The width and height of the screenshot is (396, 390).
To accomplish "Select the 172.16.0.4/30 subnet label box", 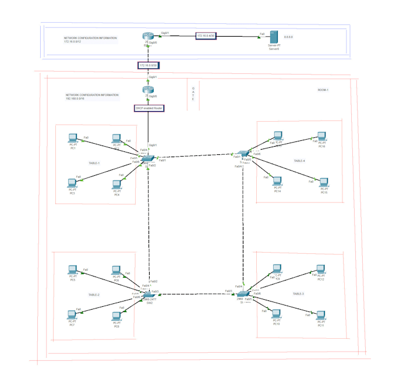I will point(206,36).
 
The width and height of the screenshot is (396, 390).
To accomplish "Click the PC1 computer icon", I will point(73,139).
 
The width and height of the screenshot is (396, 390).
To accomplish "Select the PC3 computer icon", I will point(72,183).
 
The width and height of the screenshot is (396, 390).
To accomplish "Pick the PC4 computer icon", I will point(116,184).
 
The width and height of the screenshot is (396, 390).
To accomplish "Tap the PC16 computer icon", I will point(321,137).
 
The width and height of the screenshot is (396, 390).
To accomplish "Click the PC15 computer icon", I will point(324,183).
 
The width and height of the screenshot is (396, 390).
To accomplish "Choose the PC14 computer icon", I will point(278,182).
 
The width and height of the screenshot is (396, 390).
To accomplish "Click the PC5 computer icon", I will point(73,270).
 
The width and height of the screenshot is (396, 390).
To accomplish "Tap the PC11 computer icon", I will point(320,316).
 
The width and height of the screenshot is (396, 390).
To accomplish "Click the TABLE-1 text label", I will point(94,163).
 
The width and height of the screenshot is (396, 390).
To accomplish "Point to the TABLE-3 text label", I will point(298,294).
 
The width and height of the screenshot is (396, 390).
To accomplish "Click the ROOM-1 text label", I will point(323,90).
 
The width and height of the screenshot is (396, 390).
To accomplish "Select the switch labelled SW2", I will point(149,295).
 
